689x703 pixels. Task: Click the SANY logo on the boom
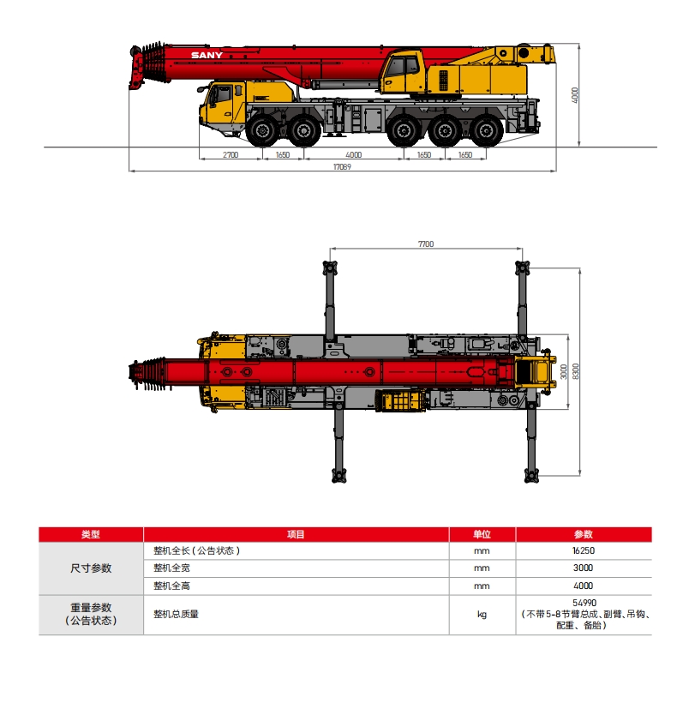pyautogui.click(x=206, y=56)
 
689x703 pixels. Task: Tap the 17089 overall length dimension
pyautogui.click(x=343, y=167)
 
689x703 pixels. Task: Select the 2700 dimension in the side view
pyautogui.click(x=230, y=155)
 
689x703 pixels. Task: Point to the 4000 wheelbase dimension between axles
pyautogui.click(x=354, y=155)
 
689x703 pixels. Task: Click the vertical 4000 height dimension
pyautogui.click(x=576, y=93)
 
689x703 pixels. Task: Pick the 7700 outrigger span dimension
pyautogui.click(x=426, y=244)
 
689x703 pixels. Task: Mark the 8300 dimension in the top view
pyautogui.click(x=576, y=371)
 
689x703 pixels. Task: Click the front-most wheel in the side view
pyautogui.click(x=259, y=132)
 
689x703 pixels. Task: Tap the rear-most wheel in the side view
pyautogui.click(x=487, y=132)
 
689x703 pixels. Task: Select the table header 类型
pyautogui.click(x=91, y=534)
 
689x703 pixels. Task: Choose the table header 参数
pyautogui.click(x=583, y=534)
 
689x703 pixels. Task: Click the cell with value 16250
pyautogui.click(x=583, y=550)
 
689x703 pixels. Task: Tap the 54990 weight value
pyautogui.click(x=583, y=604)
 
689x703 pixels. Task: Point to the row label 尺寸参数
pyautogui.click(x=91, y=568)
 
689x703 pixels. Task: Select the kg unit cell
pyautogui.click(x=482, y=614)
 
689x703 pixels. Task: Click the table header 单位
pyautogui.click(x=482, y=534)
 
